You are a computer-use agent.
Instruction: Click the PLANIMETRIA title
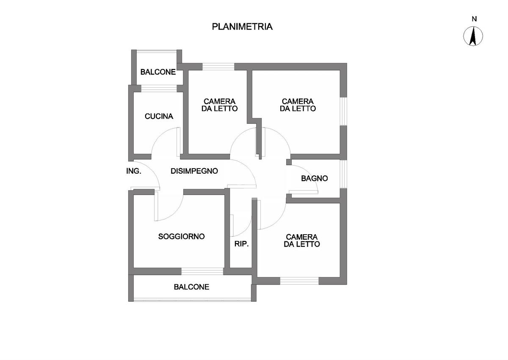pos(242,27)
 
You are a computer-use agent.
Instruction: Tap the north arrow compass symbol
pos(474,36)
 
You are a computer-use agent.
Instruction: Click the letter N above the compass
pos(474,19)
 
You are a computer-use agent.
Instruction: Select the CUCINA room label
pos(159,116)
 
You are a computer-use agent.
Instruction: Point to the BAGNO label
pos(315,178)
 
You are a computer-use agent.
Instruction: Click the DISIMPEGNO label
pos(194,171)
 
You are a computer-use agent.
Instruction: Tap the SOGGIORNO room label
pos(181,236)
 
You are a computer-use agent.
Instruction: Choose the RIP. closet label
pos(241,244)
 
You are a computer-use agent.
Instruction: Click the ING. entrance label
pos(134,171)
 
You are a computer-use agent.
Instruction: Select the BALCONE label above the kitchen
pos(158,72)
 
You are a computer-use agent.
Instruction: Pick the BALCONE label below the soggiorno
pos(191,287)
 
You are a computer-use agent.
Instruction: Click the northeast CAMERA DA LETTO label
pos(298,105)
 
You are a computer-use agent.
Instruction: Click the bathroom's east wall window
pos(344,174)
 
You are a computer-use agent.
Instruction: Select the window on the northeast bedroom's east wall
pos(344,111)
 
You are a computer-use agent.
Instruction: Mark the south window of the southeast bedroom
pos(299,280)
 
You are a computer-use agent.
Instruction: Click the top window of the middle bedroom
pos(218,66)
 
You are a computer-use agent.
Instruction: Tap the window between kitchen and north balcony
pos(159,88)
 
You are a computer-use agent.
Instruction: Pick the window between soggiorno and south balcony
pos(202,271)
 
